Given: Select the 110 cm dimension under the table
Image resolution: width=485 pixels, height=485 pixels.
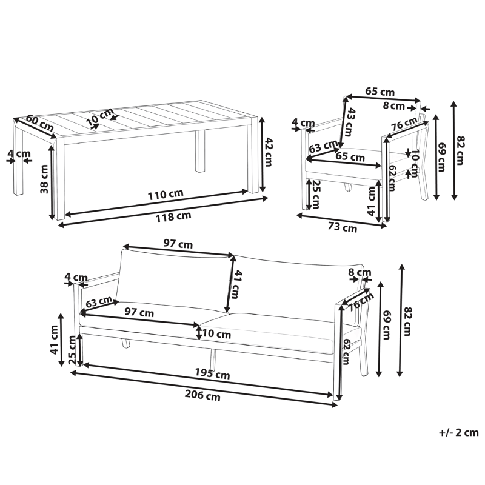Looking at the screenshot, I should (166, 195).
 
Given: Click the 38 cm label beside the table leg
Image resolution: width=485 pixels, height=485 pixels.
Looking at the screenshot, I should (44, 180).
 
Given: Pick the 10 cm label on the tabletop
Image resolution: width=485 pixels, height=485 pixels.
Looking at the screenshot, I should (99, 118).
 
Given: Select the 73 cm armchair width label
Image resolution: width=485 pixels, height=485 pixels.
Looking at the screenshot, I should (341, 228).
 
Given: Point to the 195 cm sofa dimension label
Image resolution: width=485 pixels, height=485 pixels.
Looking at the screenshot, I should (213, 374).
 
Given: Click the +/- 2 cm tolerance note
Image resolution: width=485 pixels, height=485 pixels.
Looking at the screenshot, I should (458, 433).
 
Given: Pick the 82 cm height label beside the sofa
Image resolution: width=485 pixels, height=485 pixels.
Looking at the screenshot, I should (407, 319).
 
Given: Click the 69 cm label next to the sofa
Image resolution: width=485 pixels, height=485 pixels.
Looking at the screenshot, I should (385, 327).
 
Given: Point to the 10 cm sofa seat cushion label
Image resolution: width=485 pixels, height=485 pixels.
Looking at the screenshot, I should (216, 333).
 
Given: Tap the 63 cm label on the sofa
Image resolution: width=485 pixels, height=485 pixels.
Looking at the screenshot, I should (98, 302).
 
